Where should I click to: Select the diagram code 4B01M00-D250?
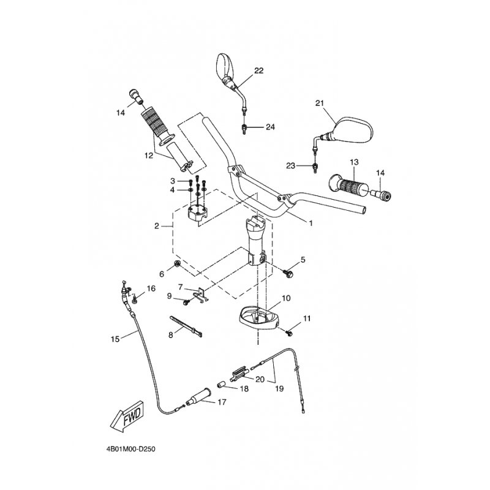(x=131, y=450)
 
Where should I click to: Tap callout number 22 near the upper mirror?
(x=258, y=70)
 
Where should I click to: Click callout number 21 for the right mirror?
(x=320, y=103)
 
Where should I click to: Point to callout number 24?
(x=270, y=127)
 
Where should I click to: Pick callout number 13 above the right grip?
(x=354, y=162)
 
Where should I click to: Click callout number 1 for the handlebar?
(x=311, y=223)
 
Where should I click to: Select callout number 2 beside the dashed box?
(x=157, y=225)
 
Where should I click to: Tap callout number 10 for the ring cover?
(x=286, y=298)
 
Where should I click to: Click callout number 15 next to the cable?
(x=115, y=339)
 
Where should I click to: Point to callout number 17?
(x=222, y=402)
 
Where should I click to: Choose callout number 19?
(x=279, y=388)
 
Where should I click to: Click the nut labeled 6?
(x=177, y=264)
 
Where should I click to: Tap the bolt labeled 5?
(x=288, y=274)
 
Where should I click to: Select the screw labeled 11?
(x=289, y=333)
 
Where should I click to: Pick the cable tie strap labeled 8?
(x=186, y=326)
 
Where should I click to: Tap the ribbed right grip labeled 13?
(x=347, y=187)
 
